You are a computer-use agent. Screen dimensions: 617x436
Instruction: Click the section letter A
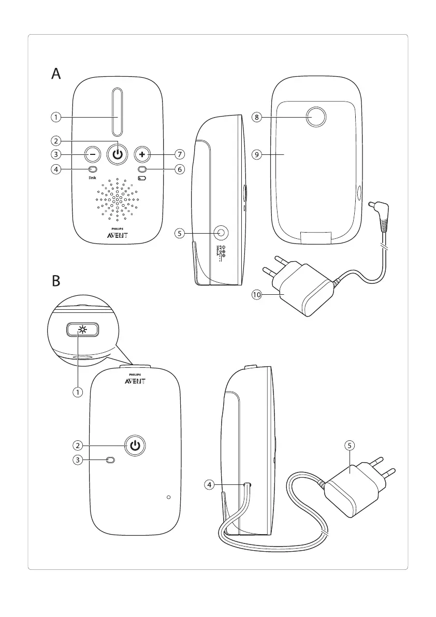pos(56,75)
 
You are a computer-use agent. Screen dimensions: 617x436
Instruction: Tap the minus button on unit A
pos(92,154)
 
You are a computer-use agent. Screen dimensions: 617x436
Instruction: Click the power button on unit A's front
pos(118,154)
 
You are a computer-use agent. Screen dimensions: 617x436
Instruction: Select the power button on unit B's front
pos(135,445)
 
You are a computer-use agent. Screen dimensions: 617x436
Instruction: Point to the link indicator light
pos(92,169)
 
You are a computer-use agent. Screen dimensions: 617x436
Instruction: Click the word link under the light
pos(92,177)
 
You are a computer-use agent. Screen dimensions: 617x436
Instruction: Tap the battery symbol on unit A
pos(142,177)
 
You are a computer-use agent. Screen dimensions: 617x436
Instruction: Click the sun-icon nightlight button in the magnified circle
pos(82,330)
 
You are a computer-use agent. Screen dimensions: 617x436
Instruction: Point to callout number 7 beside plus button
pos(180,154)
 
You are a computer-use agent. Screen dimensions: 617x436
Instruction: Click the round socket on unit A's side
pos(222,233)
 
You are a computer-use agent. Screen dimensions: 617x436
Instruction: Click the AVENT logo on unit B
pos(134,381)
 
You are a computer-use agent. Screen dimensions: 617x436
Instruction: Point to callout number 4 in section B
pos(209,485)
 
